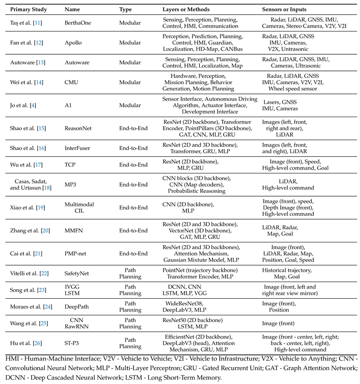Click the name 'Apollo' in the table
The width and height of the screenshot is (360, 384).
tap(73, 42)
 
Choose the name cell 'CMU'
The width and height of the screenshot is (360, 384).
tap(72, 82)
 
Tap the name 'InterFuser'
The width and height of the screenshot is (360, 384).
tap(79, 148)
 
